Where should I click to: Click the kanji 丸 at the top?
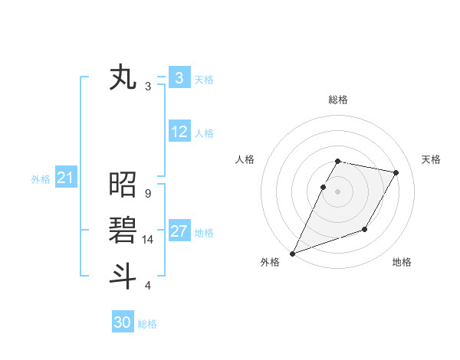[123, 78]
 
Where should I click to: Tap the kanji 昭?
[123, 185]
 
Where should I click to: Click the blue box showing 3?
[179, 78]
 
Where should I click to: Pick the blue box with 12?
[179, 132]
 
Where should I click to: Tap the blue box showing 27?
[179, 231]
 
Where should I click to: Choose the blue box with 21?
[66, 178]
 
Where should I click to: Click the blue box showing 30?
[123, 322]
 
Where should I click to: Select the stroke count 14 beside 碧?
[148, 240]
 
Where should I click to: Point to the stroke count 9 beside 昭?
[147, 194]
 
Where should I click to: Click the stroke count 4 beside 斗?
[147, 286]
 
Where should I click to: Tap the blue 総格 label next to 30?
[147, 324]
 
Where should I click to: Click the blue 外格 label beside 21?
[41, 179]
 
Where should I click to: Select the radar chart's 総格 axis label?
[338, 100]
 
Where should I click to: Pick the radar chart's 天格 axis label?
[431, 159]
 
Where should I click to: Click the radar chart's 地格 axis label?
[402, 262]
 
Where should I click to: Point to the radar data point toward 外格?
[292, 253]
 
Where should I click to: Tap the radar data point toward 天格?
[396, 173]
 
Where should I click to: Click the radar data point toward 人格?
[324, 187]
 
